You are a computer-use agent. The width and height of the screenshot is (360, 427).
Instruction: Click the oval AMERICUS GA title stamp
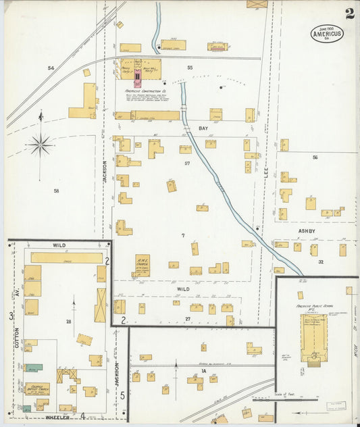327,33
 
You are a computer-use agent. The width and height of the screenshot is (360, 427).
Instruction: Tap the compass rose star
40,144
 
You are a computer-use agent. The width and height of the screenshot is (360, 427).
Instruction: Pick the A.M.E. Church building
142,266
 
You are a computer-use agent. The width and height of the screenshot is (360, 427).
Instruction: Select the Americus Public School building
313,335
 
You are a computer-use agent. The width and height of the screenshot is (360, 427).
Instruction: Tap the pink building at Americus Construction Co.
138,79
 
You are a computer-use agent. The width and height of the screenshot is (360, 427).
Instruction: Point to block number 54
51,68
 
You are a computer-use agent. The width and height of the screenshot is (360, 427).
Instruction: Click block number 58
56,191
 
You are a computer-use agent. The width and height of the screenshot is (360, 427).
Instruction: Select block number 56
315,157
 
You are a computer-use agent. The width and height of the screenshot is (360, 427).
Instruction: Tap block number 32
321,261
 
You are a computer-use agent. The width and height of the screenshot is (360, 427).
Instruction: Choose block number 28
69,322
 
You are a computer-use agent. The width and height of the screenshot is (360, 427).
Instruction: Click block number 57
187,164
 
